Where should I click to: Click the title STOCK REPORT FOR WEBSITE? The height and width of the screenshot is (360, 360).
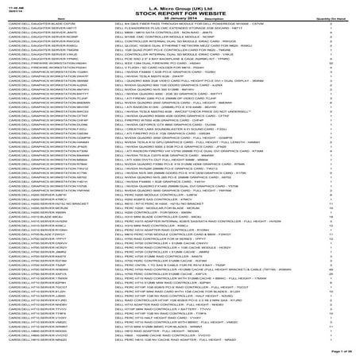tap(179, 14)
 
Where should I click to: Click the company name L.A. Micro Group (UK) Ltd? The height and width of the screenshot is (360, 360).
tap(179, 7)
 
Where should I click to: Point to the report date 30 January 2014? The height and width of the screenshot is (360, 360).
tap(179, 19)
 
